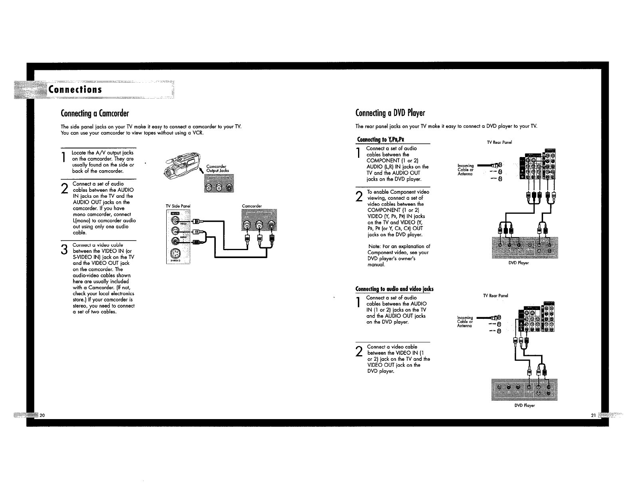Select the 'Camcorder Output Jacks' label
(217, 169)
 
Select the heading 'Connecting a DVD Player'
(390, 113)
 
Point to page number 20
(42, 415)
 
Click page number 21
(593, 415)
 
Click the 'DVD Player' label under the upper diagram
(518, 263)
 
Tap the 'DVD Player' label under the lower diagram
(524, 405)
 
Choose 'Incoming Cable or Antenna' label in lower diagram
(465, 322)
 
